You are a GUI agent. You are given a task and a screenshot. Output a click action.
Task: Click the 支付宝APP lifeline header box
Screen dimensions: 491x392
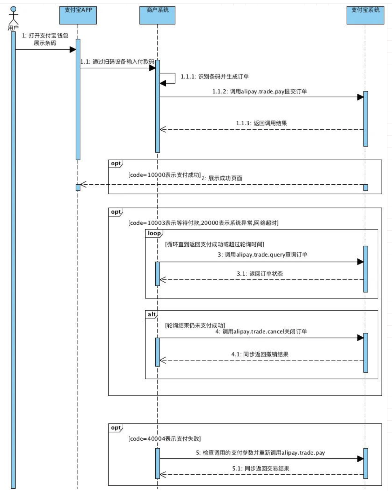tap(78, 15)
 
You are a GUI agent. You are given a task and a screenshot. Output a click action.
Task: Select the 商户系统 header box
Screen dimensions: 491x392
tap(157, 15)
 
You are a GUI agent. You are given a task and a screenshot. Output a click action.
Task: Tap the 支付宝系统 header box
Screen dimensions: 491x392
tap(365, 15)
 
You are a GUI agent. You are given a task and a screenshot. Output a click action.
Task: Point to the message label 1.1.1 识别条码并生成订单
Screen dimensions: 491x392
tap(215, 77)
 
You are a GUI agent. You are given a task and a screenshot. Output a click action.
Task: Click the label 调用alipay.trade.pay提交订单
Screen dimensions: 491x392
tap(259, 91)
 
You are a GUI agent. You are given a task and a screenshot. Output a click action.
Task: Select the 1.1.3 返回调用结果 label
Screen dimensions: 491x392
tap(261, 123)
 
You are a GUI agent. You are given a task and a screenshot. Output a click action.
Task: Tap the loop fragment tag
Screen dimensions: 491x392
tap(154, 233)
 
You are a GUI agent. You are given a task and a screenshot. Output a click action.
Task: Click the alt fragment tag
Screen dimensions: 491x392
tap(152, 314)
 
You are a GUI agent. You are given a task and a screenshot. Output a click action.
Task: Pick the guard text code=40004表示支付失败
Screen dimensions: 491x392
tap(164, 438)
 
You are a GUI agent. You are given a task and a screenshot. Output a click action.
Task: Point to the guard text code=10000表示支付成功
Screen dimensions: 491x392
tap(164, 175)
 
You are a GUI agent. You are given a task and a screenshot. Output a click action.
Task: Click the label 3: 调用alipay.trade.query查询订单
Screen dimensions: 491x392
tap(262, 255)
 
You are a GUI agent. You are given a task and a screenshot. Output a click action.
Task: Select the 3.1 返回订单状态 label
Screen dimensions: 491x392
tap(260, 274)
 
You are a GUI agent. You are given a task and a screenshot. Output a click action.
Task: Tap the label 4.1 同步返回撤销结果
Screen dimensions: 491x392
tap(260, 354)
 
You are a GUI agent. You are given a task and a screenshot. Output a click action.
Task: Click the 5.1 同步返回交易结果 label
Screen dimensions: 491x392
tap(261, 468)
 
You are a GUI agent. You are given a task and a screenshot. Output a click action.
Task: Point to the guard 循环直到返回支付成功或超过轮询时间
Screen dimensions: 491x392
tap(214, 244)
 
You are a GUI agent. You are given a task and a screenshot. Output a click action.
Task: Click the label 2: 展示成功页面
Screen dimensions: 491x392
tap(222, 178)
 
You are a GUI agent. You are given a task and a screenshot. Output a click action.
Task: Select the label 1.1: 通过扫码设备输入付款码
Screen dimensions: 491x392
tap(117, 62)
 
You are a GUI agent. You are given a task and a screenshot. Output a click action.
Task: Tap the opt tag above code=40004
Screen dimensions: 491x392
tap(116, 428)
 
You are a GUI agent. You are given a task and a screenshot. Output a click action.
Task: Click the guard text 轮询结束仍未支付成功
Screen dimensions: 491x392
tap(195, 325)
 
